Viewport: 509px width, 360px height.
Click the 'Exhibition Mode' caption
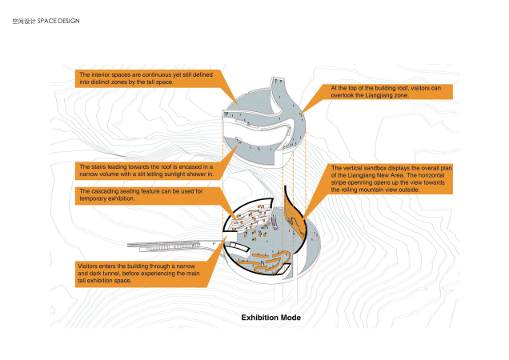(271, 318)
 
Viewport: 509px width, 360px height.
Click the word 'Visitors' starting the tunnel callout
(89, 265)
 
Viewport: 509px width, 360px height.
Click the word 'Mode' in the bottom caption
(291, 318)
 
